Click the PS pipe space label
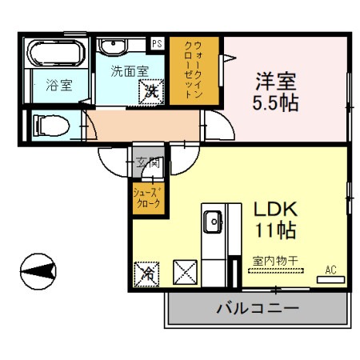coord(157,44)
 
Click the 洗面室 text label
coord(129,70)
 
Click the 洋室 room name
coord(276,81)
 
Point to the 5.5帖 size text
coord(276,102)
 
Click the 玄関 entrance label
coord(149,162)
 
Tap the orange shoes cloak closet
coord(148,196)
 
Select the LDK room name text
coord(276,210)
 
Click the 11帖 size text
coord(276,233)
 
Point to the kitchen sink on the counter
coord(212,222)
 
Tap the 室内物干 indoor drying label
coord(274,260)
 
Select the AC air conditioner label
coord(330,270)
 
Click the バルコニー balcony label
coord(258,308)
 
